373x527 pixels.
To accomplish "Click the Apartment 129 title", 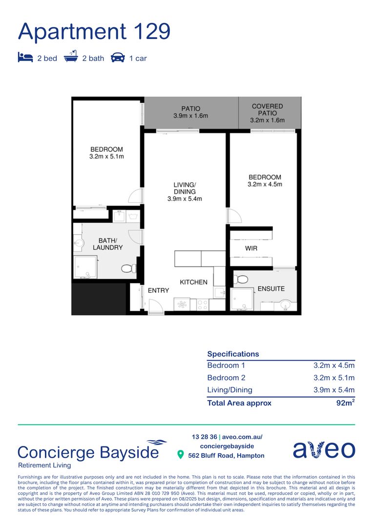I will (x=94, y=31).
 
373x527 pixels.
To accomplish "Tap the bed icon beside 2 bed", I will (x=25, y=58).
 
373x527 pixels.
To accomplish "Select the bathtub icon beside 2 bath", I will (x=71, y=58).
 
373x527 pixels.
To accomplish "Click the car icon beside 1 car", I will (x=118, y=58).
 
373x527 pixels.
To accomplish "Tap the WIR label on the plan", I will (x=251, y=248).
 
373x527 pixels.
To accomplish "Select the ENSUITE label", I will (x=271, y=288).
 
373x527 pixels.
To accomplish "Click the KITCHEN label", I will (x=193, y=282).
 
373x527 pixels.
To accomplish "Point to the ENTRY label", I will (x=158, y=290).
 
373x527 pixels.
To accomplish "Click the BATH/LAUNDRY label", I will (x=107, y=244).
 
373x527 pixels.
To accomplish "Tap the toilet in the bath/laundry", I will (x=127, y=268).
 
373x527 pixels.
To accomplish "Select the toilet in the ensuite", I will (x=241, y=279).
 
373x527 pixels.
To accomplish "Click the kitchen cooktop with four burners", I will (x=203, y=304).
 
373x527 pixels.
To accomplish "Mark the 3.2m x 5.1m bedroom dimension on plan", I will (x=106, y=157).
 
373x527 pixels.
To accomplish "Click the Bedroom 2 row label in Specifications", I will (x=226, y=378).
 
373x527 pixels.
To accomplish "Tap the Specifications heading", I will (x=233, y=354).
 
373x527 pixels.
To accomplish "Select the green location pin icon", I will (x=180, y=455).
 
